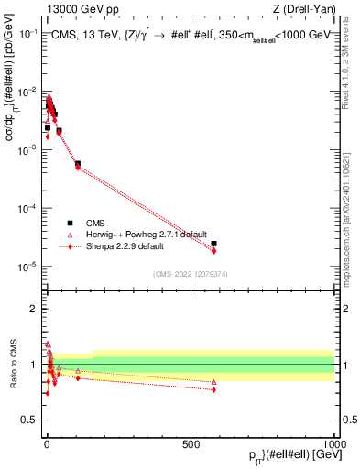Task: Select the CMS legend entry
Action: [x=96, y=223]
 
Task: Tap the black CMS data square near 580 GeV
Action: [x=213, y=244]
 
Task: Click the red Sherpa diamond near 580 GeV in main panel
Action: [x=213, y=251]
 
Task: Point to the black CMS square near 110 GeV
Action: [x=78, y=164]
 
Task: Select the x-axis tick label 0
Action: [x=45, y=443]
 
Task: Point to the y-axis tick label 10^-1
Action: [x=27, y=33]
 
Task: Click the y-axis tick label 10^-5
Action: [x=27, y=267]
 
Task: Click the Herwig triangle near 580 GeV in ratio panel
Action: [x=213, y=382]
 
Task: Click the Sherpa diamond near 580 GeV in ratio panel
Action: [x=213, y=389]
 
